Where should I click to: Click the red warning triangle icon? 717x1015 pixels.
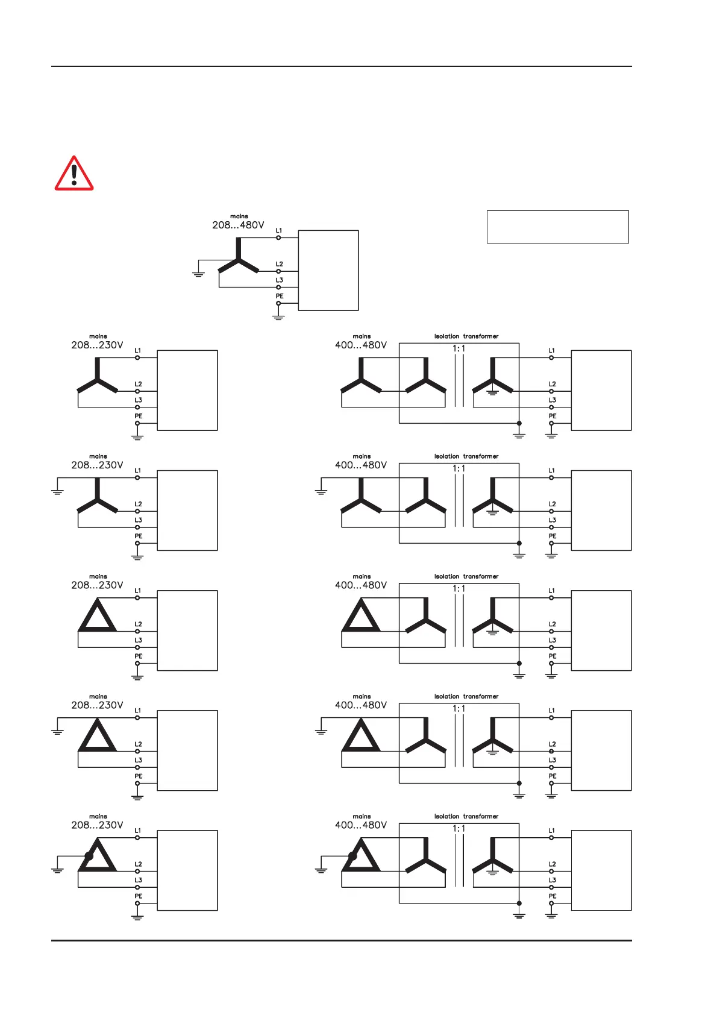[x=74, y=174]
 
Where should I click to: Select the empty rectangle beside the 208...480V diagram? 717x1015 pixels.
[x=557, y=227]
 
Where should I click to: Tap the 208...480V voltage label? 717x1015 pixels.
[x=238, y=225]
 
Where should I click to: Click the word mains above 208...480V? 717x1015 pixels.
[x=239, y=216]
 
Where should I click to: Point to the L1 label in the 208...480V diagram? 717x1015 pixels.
[x=279, y=230]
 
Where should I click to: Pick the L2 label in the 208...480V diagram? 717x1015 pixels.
[x=280, y=264]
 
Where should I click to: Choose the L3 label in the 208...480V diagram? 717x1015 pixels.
[x=280, y=280]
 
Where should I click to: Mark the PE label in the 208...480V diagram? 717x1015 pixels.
[x=280, y=296]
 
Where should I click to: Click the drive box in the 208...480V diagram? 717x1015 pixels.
[x=328, y=270]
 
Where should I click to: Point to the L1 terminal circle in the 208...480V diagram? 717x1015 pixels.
[x=278, y=237]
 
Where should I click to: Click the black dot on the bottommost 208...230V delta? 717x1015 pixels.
[x=89, y=856]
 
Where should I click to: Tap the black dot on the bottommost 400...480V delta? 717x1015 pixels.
[x=352, y=856]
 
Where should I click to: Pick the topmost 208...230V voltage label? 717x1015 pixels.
[x=97, y=345]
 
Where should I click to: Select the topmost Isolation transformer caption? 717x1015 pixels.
[x=466, y=336]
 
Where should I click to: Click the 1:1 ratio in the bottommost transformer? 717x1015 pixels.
[x=459, y=829]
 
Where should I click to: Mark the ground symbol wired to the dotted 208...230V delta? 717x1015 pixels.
[x=57, y=870]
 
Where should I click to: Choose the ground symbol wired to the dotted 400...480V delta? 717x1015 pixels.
[x=321, y=870]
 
